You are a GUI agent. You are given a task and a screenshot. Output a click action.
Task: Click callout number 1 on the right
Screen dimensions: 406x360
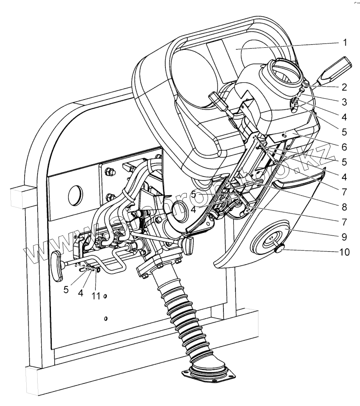coord(345,42)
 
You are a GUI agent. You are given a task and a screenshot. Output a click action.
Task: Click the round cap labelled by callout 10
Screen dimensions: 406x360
coord(277,250)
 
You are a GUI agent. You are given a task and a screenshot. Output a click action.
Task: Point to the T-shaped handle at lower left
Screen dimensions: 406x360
coord(57,264)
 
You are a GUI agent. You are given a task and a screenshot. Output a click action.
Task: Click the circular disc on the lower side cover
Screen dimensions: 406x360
coord(269,240)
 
